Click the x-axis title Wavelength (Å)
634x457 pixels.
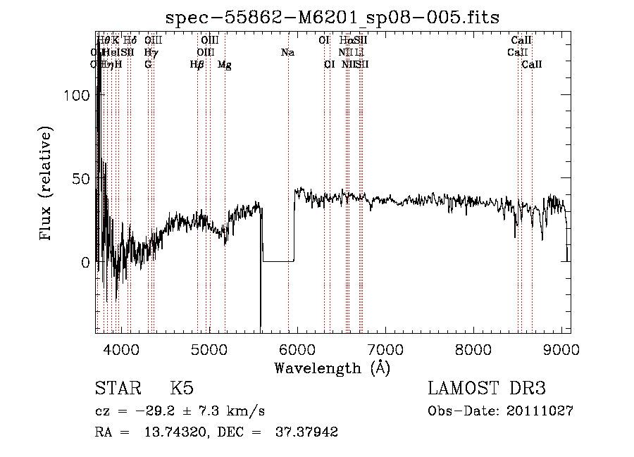332,368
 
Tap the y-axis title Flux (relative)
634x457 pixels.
47,184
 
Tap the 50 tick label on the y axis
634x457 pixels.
82,179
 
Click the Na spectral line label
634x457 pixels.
287,53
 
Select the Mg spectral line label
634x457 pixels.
224,65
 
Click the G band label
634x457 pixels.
148,65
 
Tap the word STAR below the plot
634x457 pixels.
116,389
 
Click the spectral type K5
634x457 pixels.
182,389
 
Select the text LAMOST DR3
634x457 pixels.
487,389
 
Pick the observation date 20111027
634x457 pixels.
544,411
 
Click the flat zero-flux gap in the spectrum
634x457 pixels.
278,261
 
